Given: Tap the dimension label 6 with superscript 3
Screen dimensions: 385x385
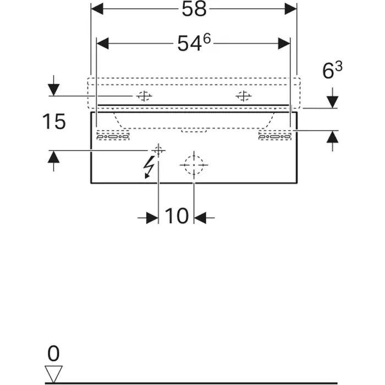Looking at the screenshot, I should pos(332,71).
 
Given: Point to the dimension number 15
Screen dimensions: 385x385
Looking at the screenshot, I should pos(54,122).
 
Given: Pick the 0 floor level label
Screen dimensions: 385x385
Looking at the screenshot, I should pos(54,353).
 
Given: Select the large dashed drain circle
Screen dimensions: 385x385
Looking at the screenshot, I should pos(194,164).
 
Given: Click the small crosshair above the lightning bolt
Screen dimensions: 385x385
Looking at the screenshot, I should pos(158,150).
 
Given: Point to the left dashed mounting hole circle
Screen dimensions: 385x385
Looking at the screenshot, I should pos(144,96).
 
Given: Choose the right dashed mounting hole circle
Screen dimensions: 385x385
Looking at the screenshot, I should pos(243,96).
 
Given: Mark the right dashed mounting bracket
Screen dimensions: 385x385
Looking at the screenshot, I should pos(274,135).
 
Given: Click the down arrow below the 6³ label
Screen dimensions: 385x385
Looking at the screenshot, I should pos(332,101).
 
